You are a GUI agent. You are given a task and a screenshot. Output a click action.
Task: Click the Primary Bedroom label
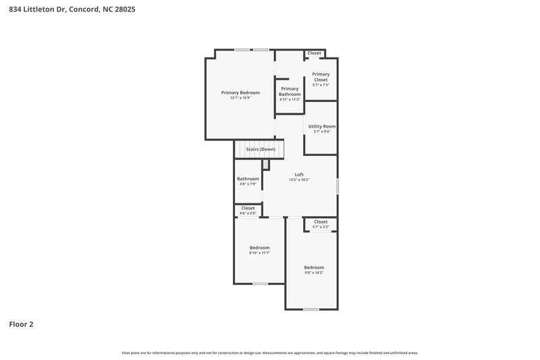pos(240,92)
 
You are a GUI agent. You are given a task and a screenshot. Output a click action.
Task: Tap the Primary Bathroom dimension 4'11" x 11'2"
pos(290,99)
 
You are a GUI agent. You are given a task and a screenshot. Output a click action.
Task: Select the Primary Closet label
pos(321,77)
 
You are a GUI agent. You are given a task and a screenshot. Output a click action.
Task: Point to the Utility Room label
pos(322,126)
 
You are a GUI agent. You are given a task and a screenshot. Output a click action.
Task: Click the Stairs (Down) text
pos(260,149)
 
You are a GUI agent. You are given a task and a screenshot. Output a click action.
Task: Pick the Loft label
pos(299,174)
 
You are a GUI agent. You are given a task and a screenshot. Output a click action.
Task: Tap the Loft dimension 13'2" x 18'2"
pos(299,180)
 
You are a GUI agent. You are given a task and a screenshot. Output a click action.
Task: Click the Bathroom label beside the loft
pos(248,179)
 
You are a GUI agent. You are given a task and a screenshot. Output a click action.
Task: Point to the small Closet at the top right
pos(315,53)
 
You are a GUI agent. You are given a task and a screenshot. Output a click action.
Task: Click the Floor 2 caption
pos(21,324)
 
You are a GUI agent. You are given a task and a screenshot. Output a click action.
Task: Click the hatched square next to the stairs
pos(266,164)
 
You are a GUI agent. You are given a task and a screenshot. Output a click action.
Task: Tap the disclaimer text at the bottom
pos(270,353)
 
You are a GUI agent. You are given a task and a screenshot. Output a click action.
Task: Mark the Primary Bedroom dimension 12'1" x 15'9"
pos(240,98)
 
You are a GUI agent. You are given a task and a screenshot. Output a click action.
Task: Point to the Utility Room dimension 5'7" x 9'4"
pos(322,132)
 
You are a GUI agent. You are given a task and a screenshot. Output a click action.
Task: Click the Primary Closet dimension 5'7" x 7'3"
pos(321,85)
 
